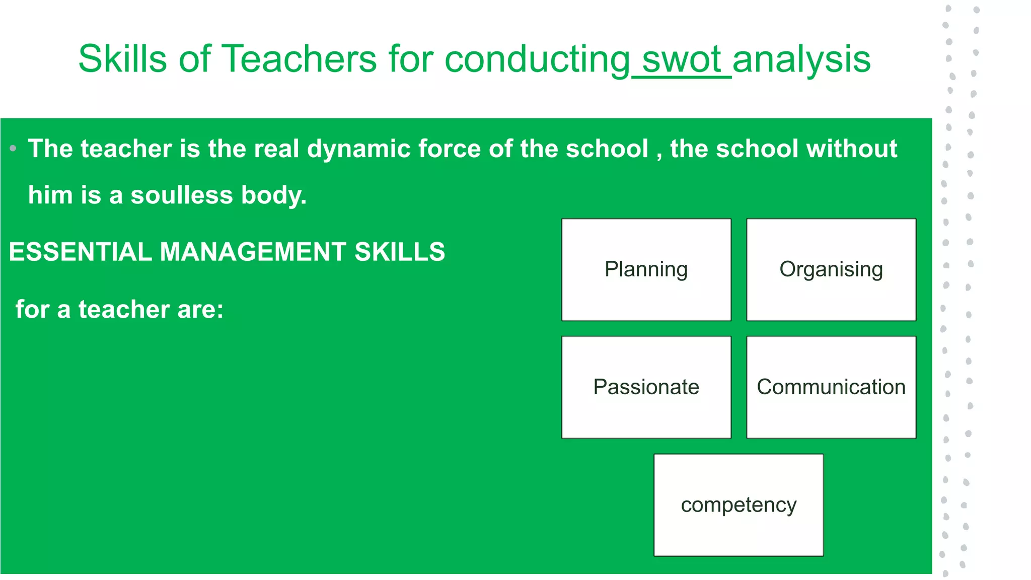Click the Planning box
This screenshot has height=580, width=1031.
pos(646,269)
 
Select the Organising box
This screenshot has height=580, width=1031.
pos(831,269)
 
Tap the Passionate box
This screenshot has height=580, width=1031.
pos(646,387)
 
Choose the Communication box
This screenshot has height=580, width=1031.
pos(831,387)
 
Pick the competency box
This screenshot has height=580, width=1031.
pos(739,505)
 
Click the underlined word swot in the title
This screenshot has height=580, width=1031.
pos(682,59)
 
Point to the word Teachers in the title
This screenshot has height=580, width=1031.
pos(299,59)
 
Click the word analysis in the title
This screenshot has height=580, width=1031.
pos(801,59)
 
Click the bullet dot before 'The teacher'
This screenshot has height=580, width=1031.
pos(13,149)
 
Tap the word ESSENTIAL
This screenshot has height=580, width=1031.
pos(80,252)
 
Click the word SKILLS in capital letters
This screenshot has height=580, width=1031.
pos(400,252)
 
